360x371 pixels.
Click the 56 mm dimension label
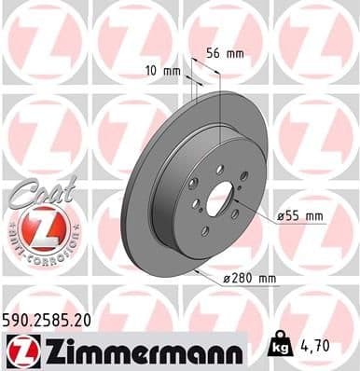224,53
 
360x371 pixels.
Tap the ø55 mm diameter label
301,216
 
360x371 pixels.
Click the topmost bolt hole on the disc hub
216,169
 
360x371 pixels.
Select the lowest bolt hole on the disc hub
206,229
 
